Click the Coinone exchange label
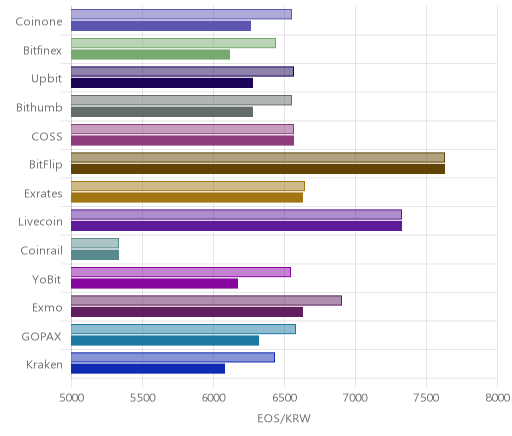coord(39,22)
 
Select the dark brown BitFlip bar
coord(258,169)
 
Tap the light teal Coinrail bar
coord(95,243)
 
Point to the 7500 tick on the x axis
coord(426,398)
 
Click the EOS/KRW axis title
coord(284,418)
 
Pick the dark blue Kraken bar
coord(148,369)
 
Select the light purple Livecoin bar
coord(236,214)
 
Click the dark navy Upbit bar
coord(162,83)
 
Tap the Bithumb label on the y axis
coord(39,107)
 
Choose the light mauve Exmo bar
coord(206,300)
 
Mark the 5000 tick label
coord(71,398)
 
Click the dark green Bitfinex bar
coord(150,54)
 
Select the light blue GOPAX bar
coord(183,329)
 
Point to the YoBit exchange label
coord(47,279)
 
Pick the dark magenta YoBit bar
coord(154,283)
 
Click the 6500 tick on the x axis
coord(284,398)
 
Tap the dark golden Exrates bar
coord(187,197)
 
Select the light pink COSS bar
coord(182,129)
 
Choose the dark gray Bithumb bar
coord(162,112)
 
